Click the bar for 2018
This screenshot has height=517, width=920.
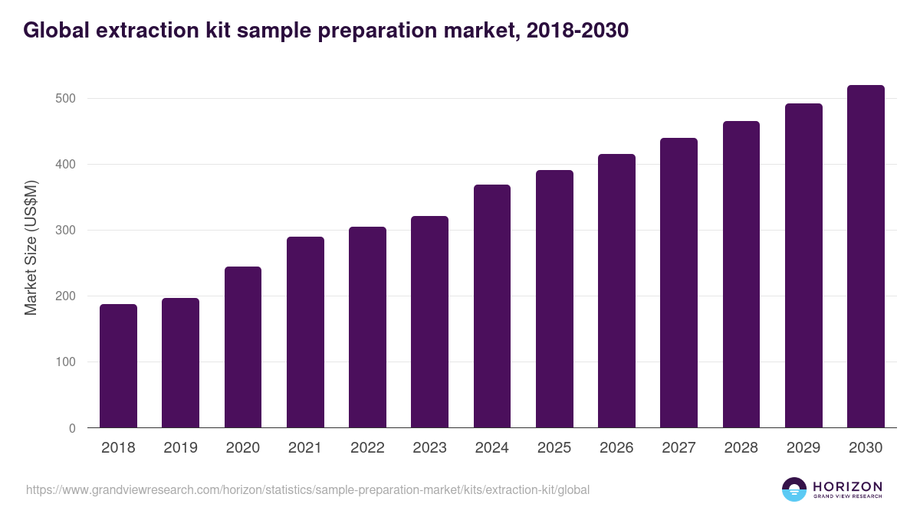point(118,366)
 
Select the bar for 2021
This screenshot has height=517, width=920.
point(305,332)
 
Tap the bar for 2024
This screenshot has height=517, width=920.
point(492,306)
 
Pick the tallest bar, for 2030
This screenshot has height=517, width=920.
point(866,257)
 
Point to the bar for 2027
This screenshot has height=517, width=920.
point(678,283)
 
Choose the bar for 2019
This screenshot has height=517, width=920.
point(180,363)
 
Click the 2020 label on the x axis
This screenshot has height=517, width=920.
point(242,448)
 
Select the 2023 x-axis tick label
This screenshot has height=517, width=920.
point(429,448)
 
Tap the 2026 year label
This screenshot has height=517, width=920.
point(616,448)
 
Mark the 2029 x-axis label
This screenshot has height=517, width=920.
point(803,448)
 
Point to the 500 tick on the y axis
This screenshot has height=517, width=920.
point(65,99)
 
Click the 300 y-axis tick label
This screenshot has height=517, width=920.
point(65,231)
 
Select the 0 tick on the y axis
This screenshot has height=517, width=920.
point(71,428)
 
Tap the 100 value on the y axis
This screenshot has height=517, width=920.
point(65,362)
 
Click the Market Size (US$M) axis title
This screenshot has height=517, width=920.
point(31,247)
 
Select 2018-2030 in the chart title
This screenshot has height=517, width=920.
point(579,30)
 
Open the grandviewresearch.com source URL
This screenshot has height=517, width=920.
point(307,489)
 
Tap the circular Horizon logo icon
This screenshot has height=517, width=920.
point(794,489)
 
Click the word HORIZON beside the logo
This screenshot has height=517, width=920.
point(847,486)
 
